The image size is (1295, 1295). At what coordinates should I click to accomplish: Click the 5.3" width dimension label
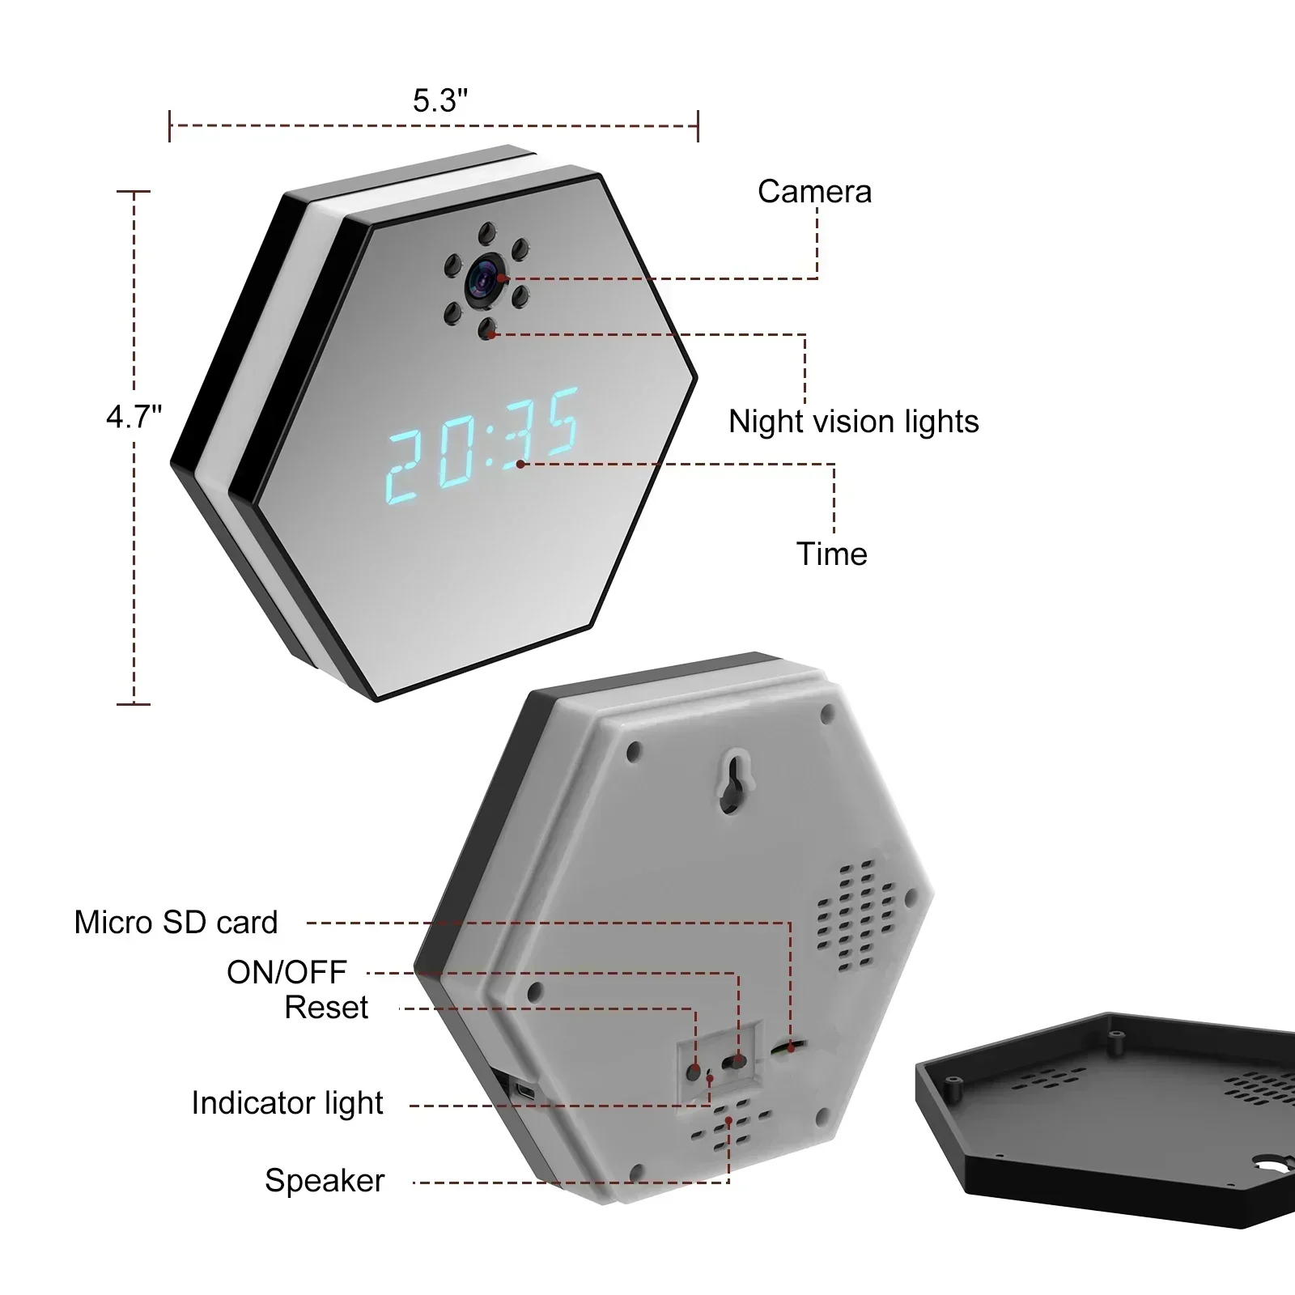439,101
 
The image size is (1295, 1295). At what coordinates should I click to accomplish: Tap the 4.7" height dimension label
134,417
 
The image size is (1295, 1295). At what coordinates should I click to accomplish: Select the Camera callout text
814,192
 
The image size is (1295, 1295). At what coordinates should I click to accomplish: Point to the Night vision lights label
853,422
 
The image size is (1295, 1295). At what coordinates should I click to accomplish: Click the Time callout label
831,554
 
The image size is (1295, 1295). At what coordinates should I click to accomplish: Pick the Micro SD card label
176,923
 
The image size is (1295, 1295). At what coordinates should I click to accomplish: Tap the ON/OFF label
287,972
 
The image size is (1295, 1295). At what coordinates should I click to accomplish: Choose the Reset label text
326,1008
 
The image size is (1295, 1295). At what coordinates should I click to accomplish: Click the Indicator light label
287,1103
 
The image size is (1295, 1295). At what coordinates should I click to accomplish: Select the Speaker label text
325,1181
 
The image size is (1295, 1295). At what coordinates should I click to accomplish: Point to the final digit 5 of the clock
558,421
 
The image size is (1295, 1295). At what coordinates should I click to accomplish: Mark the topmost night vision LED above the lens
486,232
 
